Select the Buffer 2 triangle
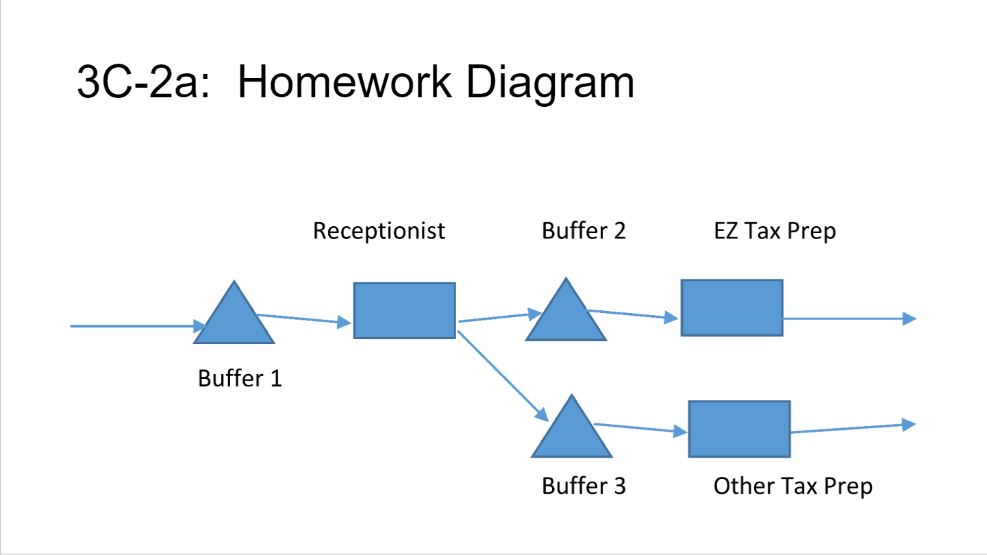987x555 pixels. [566, 318]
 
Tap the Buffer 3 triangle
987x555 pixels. [572, 434]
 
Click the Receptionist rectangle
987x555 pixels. [404, 310]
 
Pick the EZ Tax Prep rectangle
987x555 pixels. [732, 308]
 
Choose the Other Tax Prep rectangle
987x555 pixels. [739, 429]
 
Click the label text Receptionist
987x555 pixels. [379, 231]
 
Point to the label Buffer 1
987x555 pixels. [240, 378]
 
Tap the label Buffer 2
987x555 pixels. [584, 231]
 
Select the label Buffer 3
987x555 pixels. [584, 486]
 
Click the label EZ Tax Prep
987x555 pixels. [775, 231]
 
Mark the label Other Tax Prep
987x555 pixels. [792, 486]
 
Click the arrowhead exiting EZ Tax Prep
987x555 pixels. [909, 319]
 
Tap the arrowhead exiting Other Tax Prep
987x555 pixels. [909, 425]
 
